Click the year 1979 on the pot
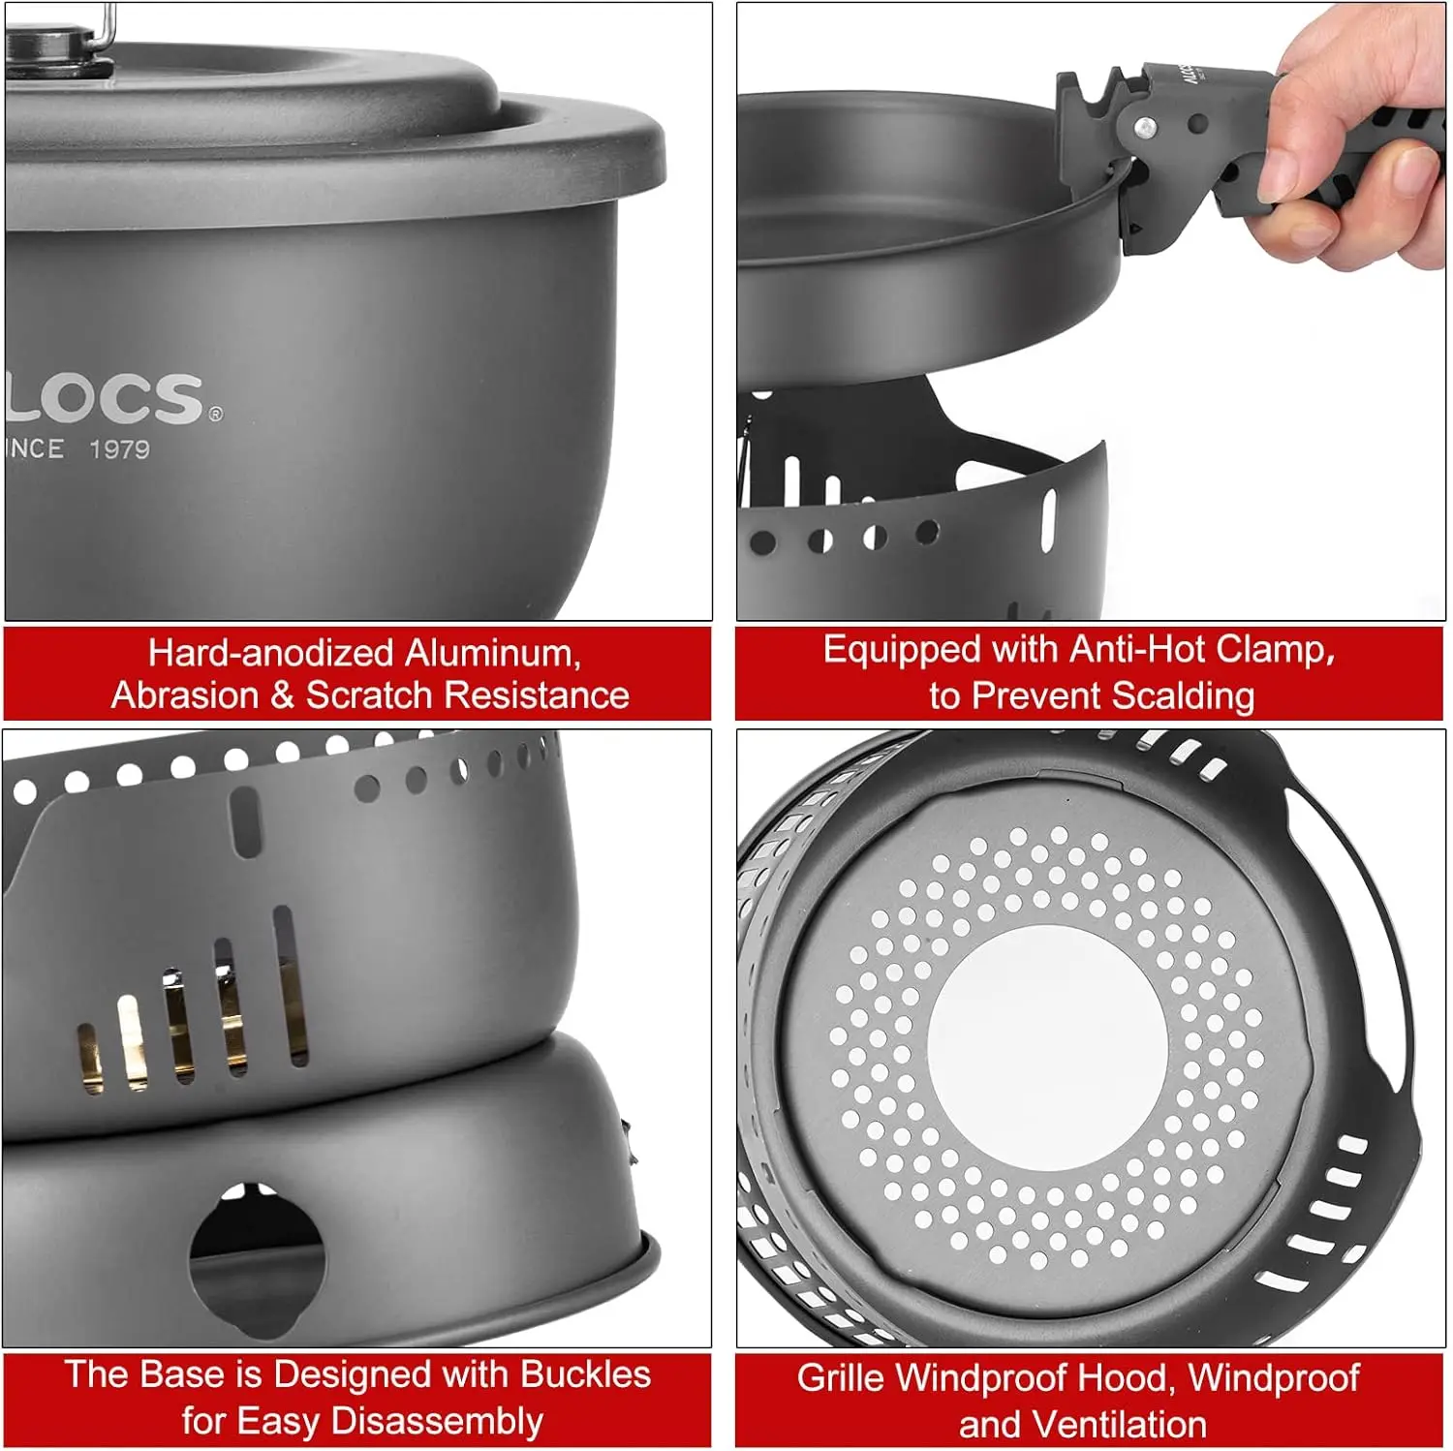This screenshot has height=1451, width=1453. [119, 449]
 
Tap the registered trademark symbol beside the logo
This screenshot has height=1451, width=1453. [215, 414]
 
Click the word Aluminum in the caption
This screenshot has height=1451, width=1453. [493, 654]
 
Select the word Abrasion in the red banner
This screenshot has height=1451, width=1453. [185, 695]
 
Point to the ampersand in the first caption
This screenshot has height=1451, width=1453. [282, 695]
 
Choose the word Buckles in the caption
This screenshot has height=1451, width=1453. [585, 1374]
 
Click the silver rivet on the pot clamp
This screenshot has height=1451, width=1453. [1145, 126]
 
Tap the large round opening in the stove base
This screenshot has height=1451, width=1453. [257, 1254]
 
